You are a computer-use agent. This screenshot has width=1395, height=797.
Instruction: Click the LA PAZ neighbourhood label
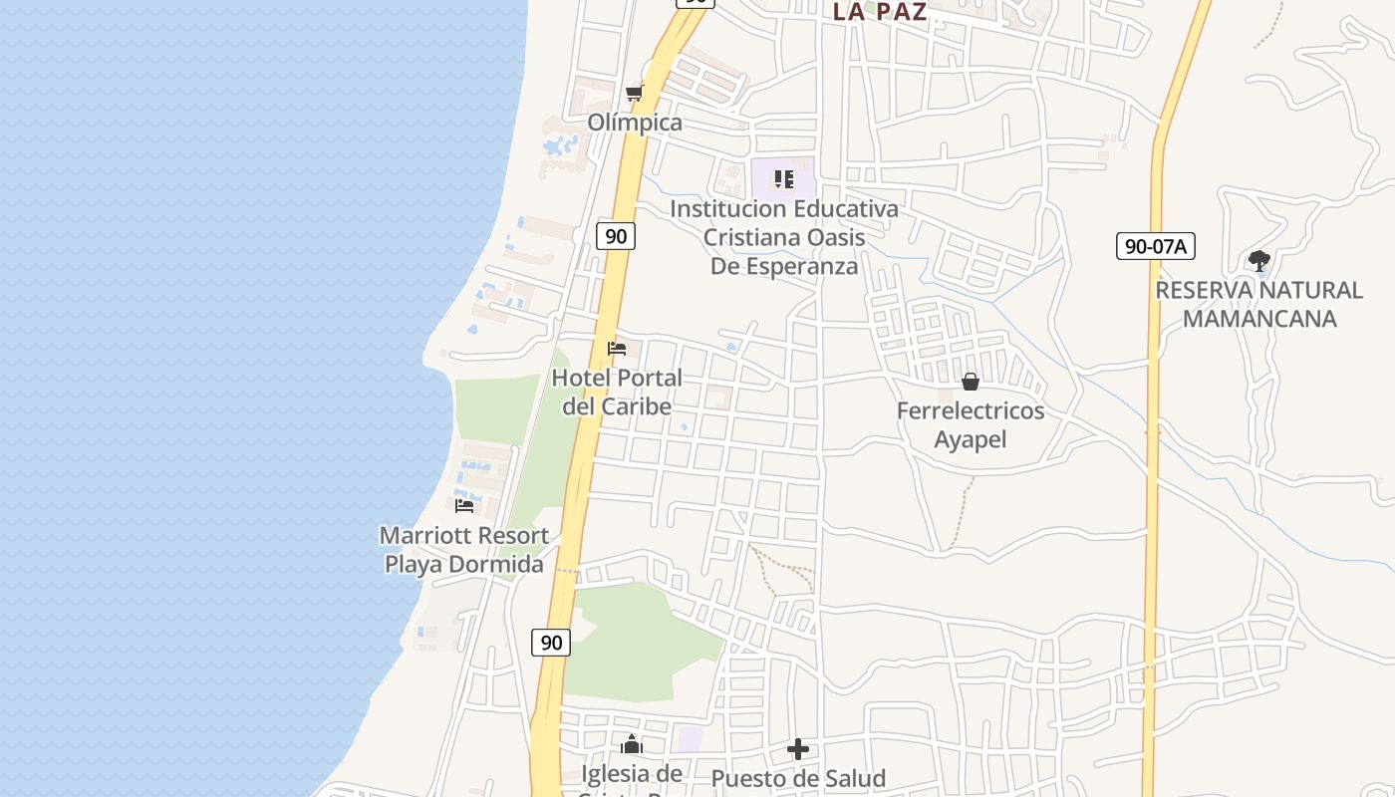880,12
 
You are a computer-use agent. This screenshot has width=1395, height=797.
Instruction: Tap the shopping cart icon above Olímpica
634,94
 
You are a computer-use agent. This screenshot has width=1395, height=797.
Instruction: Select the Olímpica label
635,123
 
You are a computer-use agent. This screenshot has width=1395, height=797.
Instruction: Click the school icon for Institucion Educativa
784,179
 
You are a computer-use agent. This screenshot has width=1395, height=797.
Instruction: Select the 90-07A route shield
1155,246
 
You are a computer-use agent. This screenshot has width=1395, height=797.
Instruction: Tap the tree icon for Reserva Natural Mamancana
1258,262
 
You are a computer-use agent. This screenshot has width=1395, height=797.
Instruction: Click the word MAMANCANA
1258,319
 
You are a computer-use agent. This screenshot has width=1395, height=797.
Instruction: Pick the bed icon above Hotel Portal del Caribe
617,349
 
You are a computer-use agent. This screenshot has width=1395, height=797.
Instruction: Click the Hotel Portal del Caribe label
617,393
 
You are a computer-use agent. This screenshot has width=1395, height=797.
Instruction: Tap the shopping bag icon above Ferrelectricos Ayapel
971,382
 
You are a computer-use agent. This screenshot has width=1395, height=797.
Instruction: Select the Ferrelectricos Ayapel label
971,425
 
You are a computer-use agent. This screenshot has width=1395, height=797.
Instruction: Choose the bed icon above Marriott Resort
464,505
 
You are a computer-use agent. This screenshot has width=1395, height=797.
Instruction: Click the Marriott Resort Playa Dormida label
464,550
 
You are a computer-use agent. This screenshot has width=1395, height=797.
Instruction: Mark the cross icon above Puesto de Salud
798,749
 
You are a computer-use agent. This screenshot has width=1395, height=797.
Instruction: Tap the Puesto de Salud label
798,778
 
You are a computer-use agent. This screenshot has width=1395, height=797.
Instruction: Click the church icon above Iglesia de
632,744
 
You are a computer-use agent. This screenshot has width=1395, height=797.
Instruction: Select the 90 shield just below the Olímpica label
617,236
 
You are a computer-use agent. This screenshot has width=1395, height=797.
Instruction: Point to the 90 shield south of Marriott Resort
551,643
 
